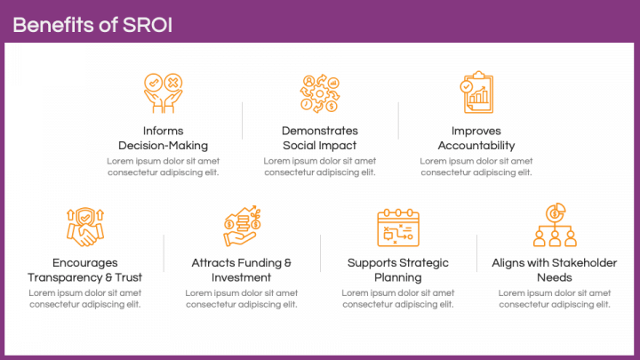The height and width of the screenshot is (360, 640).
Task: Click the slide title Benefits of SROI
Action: click(x=92, y=25)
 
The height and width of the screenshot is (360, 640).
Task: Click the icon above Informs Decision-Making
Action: click(x=163, y=92)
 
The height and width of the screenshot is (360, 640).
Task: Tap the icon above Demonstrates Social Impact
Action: click(x=319, y=92)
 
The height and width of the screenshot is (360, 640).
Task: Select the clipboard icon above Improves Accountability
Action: click(x=476, y=92)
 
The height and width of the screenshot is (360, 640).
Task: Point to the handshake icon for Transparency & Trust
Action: click(x=84, y=227)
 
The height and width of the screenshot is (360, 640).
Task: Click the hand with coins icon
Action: click(x=241, y=227)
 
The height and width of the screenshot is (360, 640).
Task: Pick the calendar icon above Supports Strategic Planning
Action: click(x=397, y=227)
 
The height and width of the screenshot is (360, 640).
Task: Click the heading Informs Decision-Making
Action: click(x=163, y=138)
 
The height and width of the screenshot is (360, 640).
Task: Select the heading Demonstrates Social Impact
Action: click(x=319, y=138)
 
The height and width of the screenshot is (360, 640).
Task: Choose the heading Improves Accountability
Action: click(x=476, y=138)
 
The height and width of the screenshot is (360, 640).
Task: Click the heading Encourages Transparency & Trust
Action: click(x=84, y=270)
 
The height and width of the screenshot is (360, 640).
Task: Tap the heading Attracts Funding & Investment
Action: click(x=241, y=270)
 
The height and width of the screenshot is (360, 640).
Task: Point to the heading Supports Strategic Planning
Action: click(x=397, y=270)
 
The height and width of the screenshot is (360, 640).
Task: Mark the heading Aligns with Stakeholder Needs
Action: click(x=554, y=270)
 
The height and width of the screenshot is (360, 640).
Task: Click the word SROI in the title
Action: click(x=148, y=25)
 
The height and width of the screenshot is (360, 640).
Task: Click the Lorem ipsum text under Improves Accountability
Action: click(x=476, y=166)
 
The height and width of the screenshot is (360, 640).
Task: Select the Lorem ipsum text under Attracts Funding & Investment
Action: click(x=241, y=299)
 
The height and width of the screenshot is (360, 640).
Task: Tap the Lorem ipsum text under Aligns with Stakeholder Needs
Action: click(x=554, y=299)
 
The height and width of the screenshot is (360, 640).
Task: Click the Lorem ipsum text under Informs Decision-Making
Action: click(x=163, y=166)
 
